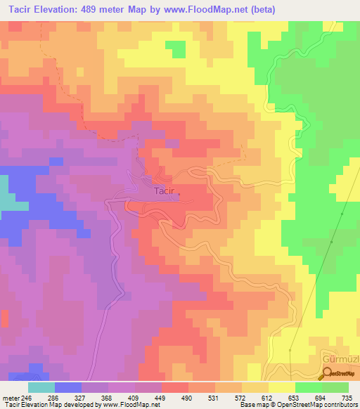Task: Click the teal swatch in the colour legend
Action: tap(41, 387)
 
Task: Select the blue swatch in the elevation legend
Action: tap(67, 387)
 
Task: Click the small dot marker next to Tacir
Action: tap(179, 195)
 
